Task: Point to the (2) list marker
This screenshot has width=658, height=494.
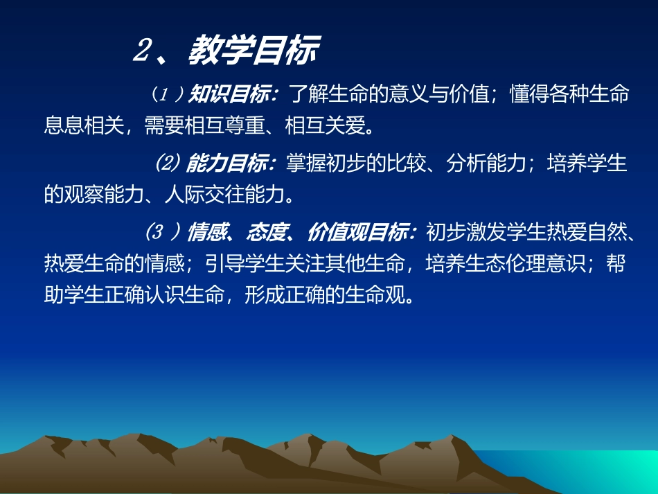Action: pos(166,164)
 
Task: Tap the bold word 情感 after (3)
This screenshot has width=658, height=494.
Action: pos(207,233)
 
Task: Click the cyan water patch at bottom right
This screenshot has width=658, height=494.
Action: pos(610,471)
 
